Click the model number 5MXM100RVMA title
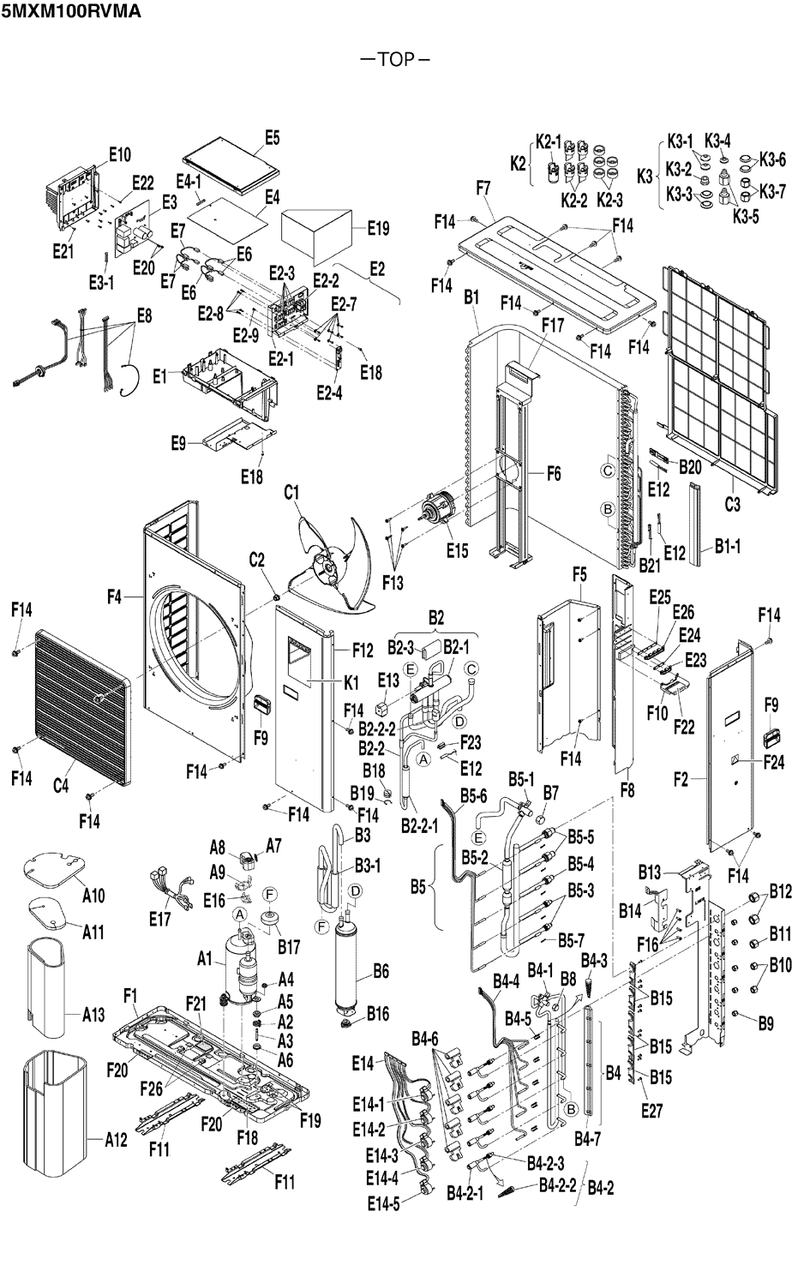click(x=71, y=11)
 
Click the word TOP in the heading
click(x=396, y=59)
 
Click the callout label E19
click(x=378, y=228)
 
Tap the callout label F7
click(x=483, y=188)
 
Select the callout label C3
click(x=733, y=504)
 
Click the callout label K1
click(x=351, y=682)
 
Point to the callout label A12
click(x=116, y=1139)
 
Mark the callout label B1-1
click(x=728, y=547)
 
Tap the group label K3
click(x=645, y=177)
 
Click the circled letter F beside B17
click(x=270, y=894)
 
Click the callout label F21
click(x=195, y=1003)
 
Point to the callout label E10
click(x=120, y=154)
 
